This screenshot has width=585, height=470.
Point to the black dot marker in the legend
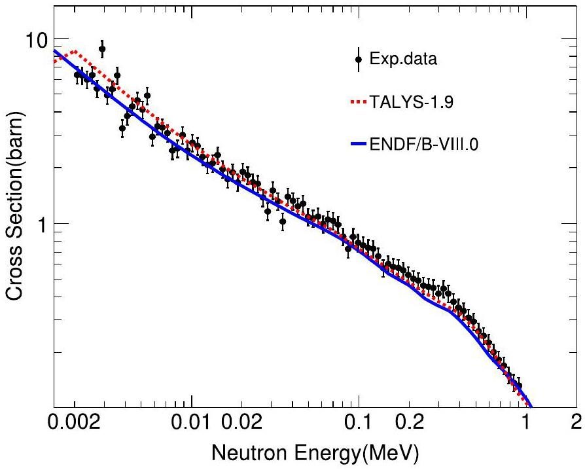tap(358, 61)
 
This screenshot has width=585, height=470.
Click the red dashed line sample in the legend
tap(357, 103)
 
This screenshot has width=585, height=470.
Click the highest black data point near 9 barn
tap(102, 49)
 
